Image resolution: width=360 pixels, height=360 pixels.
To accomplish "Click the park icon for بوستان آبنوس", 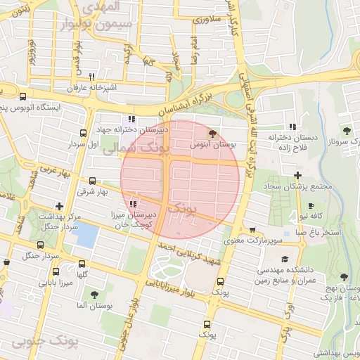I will click(x=212, y=132).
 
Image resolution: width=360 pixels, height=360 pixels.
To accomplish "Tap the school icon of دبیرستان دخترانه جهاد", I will click(x=131, y=119).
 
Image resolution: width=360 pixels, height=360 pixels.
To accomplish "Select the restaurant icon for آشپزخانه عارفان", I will click(x=91, y=76).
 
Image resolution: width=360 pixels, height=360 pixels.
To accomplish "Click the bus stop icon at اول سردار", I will click(x=84, y=132).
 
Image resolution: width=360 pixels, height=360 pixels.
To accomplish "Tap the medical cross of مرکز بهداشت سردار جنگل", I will click(x=59, y=207).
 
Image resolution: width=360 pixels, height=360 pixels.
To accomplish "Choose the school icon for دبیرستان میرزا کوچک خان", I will click(x=134, y=205).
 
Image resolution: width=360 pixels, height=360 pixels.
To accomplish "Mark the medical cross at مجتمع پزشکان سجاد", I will click(x=297, y=175).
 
